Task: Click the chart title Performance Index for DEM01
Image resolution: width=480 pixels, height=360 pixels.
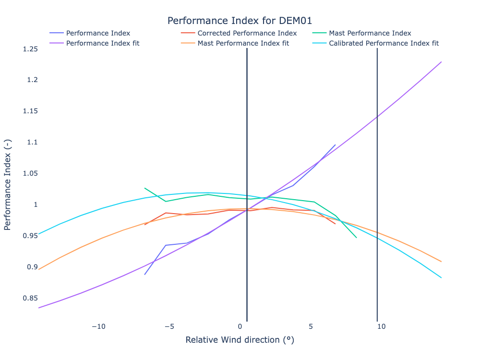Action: click(x=240, y=21)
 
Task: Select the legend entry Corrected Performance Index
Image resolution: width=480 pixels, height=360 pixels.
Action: click(x=247, y=34)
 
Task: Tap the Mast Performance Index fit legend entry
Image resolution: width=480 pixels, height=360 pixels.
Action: click(x=243, y=43)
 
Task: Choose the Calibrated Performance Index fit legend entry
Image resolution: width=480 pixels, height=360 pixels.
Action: click(x=384, y=43)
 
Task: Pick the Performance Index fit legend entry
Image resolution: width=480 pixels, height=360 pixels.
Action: click(x=103, y=43)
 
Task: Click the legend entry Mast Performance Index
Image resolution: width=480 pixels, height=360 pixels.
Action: click(x=370, y=34)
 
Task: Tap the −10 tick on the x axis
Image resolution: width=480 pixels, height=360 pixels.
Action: click(x=98, y=326)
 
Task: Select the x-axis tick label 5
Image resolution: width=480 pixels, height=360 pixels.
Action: click(x=311, y=326)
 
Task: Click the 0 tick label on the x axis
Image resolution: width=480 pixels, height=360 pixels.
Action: click(x=240, y=326)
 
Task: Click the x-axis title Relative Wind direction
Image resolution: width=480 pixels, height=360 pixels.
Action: click(x=240, y=340)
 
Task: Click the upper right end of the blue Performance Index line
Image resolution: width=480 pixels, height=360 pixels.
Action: click(x=336, y=144)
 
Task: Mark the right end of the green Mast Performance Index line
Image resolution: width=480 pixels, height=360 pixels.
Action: click(x=356, y=237)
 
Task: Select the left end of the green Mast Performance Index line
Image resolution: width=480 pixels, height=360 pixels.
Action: click(x=144, y=188)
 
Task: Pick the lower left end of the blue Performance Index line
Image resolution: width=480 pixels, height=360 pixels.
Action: click(x=144, y=274)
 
